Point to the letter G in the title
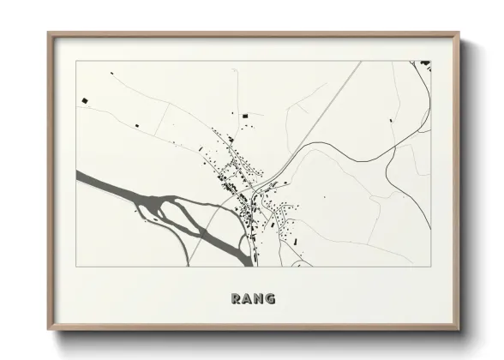(x=271, y=299)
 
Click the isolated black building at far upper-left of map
(x=85, y=103)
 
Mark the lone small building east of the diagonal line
(x=392, y=121)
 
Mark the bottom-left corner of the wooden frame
(x=49, y=330)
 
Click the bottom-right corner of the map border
(x=430, y=267)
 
